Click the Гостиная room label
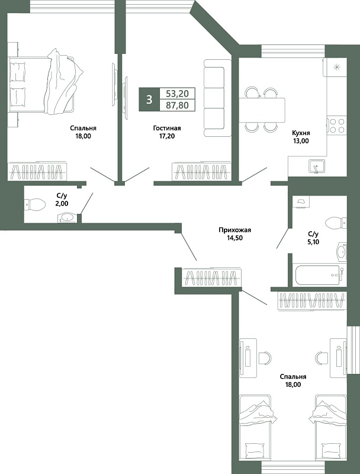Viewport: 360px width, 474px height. pyautogui.click(x=167, y=128)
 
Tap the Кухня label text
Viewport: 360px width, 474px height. pyautogui.click(x=301, y=133)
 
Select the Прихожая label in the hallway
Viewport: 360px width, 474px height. pyautogui.click(x=235, y=230)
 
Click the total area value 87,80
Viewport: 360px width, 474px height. pyautogui.click(x=178, y=105)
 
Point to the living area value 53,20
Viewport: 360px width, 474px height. pyautogui.click(x=178, y=94)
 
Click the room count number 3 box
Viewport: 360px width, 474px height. pyautogui.click(x=149, y=99)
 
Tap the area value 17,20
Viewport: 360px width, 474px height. pyautogui.click(x=167, y=136)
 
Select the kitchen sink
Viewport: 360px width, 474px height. pyautogui.click(x=316, y=166)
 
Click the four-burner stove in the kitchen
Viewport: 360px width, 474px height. pyautogui.click(x=337, y=126)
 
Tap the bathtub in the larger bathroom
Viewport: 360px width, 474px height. pyautogui.click(x=318, y=275)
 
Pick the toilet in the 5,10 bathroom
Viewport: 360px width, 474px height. pyautogui.click(x=336, y=223)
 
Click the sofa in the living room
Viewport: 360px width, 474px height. pyautogui.click(x=214, y=98)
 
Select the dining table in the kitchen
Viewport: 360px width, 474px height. pyautogui.click(x=262, y=110)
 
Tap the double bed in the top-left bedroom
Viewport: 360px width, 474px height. pyautogui.click(x=42, y=82)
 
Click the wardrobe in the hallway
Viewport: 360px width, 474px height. pyautogui.click(x=212, y=277)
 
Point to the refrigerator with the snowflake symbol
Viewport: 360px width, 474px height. pyautogui.click(x=335, y=67)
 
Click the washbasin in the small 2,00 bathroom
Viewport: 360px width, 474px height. pyautogui.click(x=67, y=217)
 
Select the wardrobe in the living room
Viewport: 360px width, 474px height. pyautogui.click(x=201, y=171)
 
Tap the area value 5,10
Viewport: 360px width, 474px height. pyautogui.click(x=313, y=242)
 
